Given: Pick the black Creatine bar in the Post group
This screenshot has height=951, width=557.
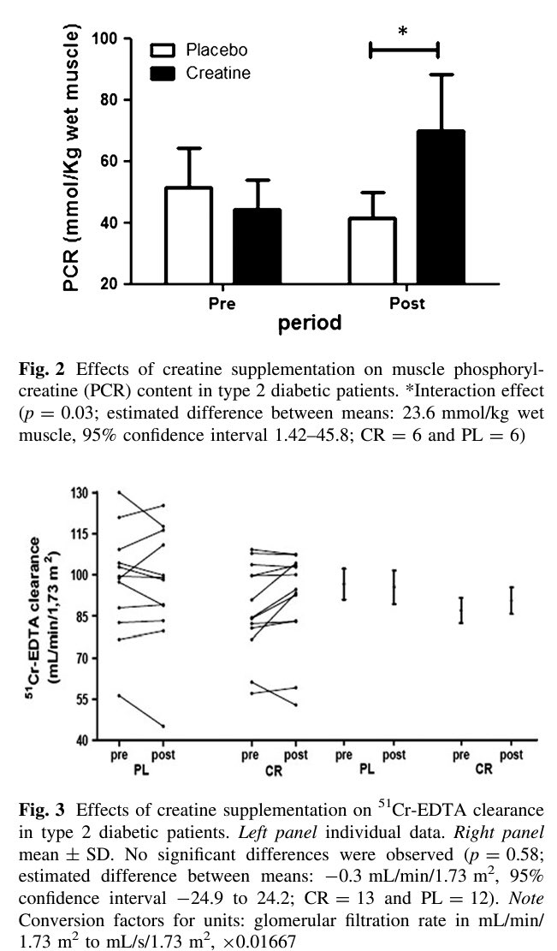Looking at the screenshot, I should pyautogui.click(x=441, y=207).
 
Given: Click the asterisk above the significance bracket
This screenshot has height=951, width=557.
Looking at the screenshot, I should pyautogui.click(x=403, y=33).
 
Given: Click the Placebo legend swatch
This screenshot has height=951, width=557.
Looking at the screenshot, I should pyautogui.click(x=163, y=50).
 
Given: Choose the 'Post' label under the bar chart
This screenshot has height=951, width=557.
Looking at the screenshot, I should pyautogui.click(x=407, y=303).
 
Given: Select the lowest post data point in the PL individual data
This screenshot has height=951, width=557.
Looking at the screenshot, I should pyautogui.click(x=163, y=726).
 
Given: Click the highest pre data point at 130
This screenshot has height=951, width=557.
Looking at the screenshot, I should pyautogui.click(x=118, y=492).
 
